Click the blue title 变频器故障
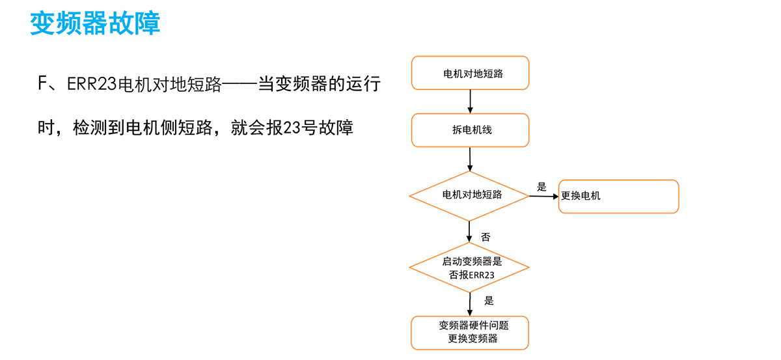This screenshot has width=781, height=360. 95,23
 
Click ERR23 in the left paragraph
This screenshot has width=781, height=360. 92,85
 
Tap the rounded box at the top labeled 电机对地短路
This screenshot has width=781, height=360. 470,73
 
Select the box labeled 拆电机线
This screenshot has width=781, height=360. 470,130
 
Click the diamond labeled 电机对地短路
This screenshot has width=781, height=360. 469,195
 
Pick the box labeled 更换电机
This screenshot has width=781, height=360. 618,196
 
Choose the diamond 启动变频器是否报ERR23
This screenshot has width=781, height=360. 469,268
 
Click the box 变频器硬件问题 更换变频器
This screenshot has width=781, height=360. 470,332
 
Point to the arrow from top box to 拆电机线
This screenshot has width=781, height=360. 470,101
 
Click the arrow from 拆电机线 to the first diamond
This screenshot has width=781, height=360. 470,158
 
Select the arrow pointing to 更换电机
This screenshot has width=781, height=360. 543,196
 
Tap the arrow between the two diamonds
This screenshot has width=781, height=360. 470,232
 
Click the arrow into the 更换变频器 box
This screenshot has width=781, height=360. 470,303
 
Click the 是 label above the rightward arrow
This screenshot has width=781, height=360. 541,186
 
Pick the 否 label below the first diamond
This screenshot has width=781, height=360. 486,237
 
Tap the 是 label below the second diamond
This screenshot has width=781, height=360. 489,300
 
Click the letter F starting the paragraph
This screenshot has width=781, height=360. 43,85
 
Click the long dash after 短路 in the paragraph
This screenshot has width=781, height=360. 240,85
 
